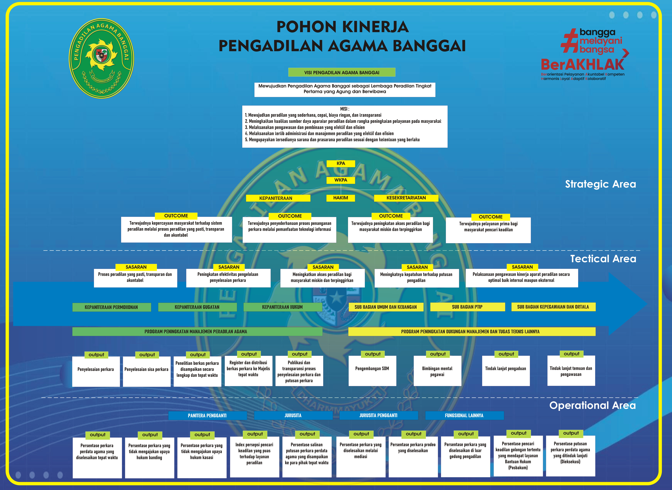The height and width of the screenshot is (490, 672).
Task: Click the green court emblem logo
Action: click(x=101, y=58)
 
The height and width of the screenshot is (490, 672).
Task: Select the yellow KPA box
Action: click(x=341, y=163)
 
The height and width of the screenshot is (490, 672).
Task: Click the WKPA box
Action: click(x=341, y=180)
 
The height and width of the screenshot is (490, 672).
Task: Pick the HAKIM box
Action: click(x=340, y=198)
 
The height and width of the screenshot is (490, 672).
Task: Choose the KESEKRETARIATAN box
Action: click(x=406, y=198)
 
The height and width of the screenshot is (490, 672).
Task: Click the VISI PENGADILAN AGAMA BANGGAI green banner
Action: click(x=342, y=72)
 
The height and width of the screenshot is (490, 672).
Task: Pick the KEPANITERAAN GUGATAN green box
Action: click(x=197, y=307)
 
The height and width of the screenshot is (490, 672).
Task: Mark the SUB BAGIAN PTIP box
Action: click(x=467, y=307)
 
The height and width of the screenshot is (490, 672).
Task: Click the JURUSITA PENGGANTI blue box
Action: click(x=378, y=416)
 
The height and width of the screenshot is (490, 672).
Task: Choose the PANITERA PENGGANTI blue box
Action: click(x=207, y=416)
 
